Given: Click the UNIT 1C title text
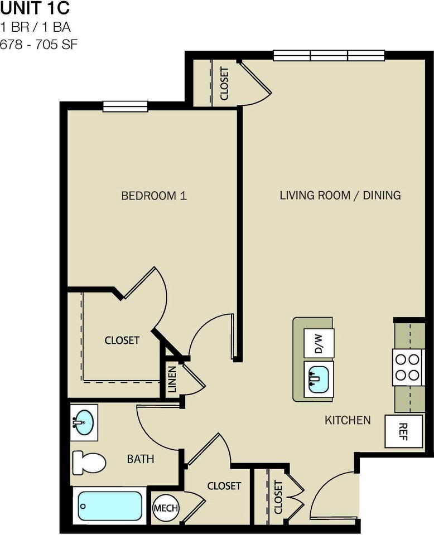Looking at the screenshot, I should coord(35,9).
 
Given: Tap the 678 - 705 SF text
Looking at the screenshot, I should coord(38,44).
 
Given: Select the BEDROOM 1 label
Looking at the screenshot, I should coord(154,196).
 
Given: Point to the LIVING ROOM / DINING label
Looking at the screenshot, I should coord(340,195).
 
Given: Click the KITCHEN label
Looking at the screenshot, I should coord(348,420).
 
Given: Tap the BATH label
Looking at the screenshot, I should coord(141,459).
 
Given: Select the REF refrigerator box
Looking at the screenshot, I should coord(403,431).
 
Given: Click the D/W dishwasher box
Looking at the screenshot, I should coord(319,342).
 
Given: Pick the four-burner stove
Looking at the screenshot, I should coord(407,367).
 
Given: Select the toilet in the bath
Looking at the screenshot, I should coord(89,463).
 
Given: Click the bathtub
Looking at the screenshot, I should coord(110,505).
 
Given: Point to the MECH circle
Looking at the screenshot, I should coord(165,508).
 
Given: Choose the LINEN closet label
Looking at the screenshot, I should coord(172,379).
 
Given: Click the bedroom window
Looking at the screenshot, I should coord(125,106).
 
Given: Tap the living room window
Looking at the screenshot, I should coord(329,55).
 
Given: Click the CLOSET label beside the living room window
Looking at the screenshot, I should coord(224,84).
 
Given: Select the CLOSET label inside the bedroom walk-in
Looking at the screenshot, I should coord(122,340).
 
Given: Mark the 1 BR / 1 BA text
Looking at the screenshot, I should coord(35,27).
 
